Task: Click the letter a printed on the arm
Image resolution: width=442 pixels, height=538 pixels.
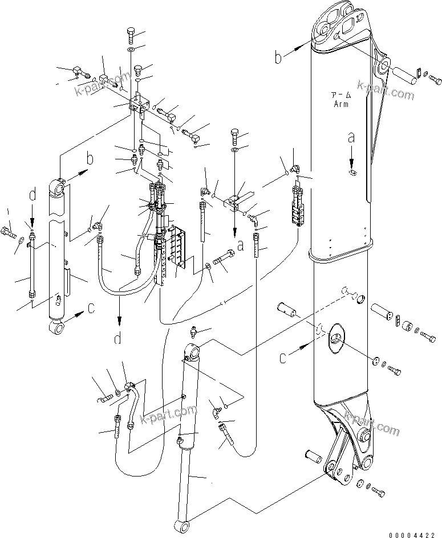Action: click(x=352, y=138)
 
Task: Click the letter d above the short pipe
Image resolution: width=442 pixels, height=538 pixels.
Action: click(x=33, y=196)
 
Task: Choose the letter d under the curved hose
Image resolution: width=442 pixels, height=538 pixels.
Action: click(x=118, y=339)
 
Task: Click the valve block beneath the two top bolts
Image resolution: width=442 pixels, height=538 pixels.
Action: click(x=140, y=104)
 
